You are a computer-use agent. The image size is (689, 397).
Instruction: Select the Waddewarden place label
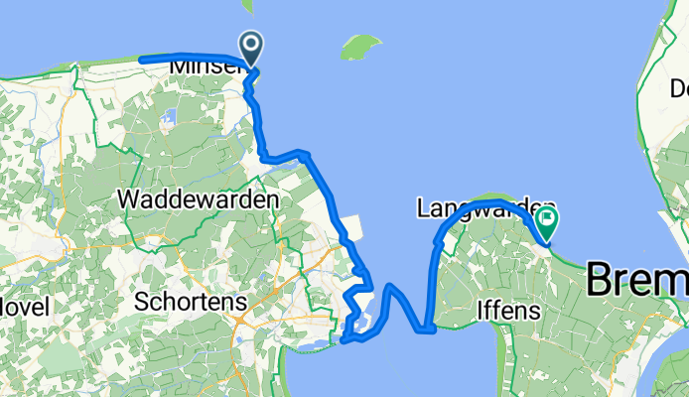tap(198, 198)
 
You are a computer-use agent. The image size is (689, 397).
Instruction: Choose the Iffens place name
tap(506, 311)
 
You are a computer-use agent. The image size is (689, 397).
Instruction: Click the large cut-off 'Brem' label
tap(635, 279)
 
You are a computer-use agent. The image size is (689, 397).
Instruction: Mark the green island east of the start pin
tap(360, 46)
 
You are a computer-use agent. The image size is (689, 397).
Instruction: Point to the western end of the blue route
tap(142, 61)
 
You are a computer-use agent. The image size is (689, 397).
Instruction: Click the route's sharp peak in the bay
tap(391, 287)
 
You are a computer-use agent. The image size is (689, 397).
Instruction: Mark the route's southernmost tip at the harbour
tap(344, 340)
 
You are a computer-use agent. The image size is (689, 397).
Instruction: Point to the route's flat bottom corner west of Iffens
tap(427, 330)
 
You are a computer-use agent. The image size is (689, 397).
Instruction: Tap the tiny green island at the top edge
tap(247, 5)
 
